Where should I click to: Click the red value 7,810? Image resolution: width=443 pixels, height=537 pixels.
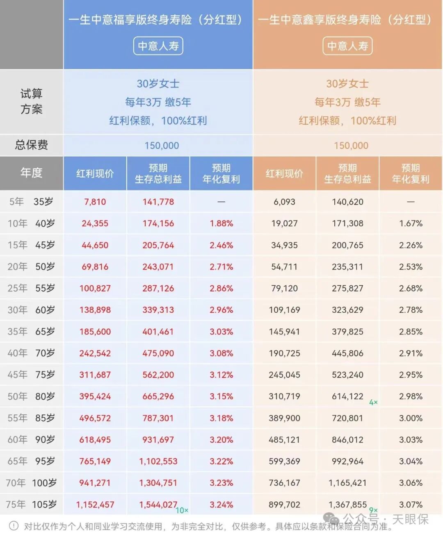coord(95,202)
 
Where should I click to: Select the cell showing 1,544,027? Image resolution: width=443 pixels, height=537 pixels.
coord(158,505)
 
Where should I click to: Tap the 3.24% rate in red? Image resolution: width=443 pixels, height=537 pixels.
coord(221,505)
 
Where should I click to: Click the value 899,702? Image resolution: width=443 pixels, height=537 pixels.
coord(284,505)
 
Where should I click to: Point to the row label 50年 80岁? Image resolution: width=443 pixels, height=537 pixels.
coord(31,396)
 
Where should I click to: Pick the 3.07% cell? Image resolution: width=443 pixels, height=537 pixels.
coord(411,505)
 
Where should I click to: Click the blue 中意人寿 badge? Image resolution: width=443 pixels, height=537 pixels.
coord(158,46)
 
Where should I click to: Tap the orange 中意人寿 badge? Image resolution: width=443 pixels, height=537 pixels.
coord(347,46)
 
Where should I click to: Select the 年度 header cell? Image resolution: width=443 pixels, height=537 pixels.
coord(31,173)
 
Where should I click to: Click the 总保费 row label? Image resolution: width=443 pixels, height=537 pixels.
coord(31,145)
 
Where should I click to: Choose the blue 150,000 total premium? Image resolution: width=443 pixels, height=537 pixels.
coord(162,146)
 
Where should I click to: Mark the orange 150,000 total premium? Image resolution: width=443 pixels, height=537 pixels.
coord(351,146)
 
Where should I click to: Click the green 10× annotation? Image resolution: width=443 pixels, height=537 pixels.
coord(182,511)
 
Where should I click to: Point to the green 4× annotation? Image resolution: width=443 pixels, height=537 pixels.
coord(373,403)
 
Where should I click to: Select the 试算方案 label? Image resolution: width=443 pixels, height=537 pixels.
coord(31,101)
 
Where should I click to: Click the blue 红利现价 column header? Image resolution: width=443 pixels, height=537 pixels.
coord(95,174)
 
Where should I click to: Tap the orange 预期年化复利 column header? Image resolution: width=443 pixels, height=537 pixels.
coord(411,174)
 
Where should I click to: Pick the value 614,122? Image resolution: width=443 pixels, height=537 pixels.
coord(347,396)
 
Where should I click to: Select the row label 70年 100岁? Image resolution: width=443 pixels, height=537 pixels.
coord(31,483)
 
